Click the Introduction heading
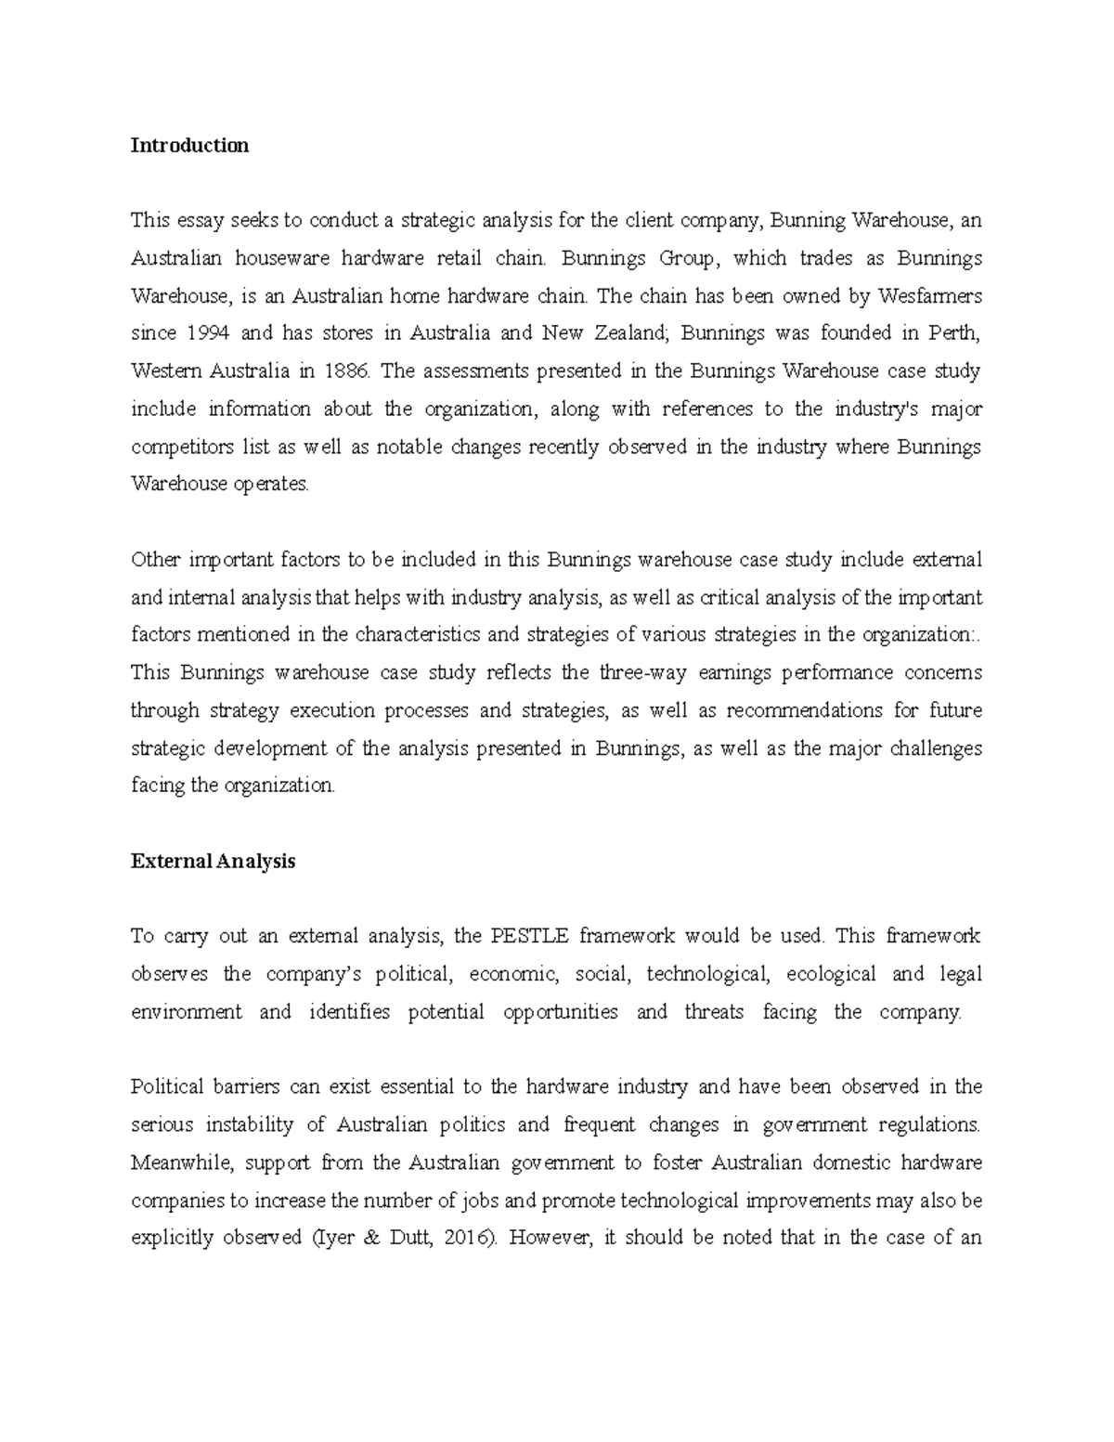(x=189, y=146)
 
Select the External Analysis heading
(x=213, y=861)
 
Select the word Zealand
(x=621, y=333)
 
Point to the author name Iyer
(x=331, y=1238)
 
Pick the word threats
(x=714, y=1012)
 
